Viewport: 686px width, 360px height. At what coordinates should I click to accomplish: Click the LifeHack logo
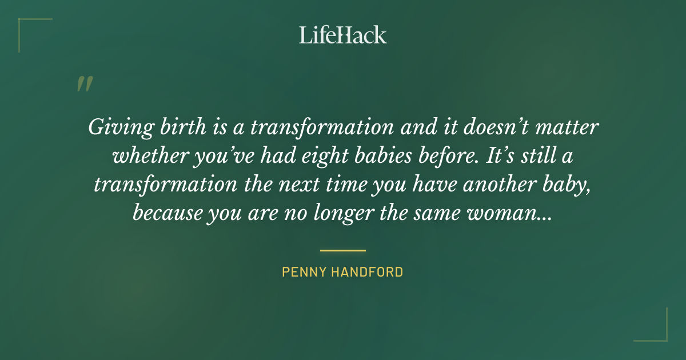click(x=342, y=35)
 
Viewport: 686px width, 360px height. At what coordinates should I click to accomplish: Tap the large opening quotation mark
click(x=84, y=84)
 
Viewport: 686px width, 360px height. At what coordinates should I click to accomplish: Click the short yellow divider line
click(x=342, y=250)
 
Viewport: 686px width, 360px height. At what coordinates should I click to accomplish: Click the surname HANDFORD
click(x=369, y=272)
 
